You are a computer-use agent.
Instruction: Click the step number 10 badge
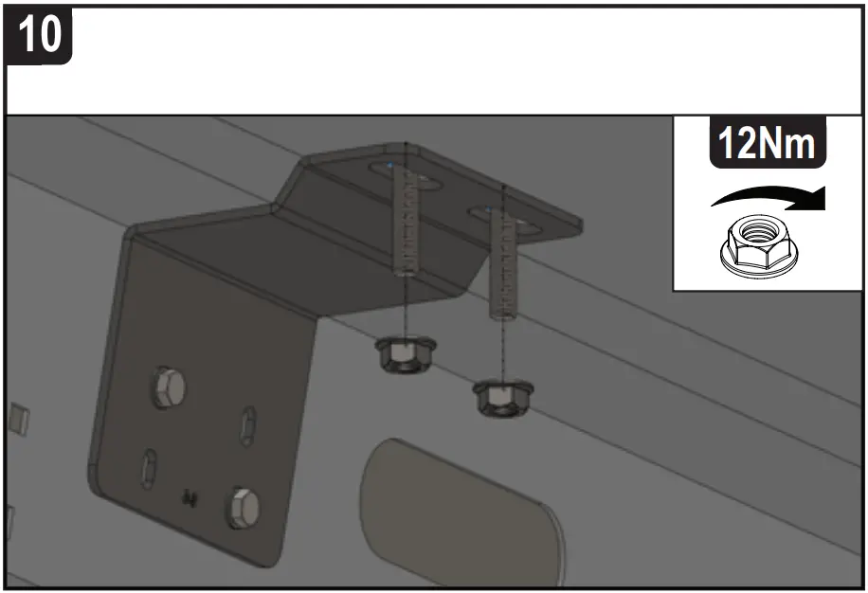coord(39,35)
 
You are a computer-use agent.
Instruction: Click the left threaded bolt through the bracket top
coord(405,223)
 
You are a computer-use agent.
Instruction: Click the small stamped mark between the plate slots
coord(190,494)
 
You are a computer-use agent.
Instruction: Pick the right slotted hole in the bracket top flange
coord(502,218)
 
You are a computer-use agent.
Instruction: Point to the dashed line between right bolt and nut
coord(502,350)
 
